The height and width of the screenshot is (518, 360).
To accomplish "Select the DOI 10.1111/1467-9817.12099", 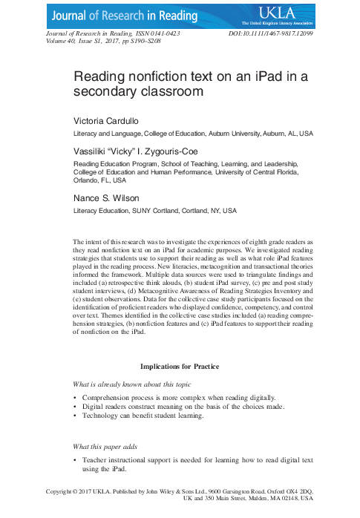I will (x=272, y=34).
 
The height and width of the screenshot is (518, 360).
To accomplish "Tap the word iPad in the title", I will (x=263, y=76).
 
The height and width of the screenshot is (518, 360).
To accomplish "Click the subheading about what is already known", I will (x=131, y=384).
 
